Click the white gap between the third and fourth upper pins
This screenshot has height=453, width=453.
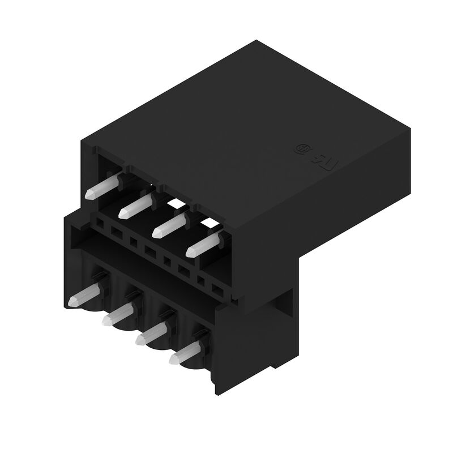[x=208, y=223]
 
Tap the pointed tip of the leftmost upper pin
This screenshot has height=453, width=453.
[x=88, y=195]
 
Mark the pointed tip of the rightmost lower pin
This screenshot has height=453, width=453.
[x=173, y=358]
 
